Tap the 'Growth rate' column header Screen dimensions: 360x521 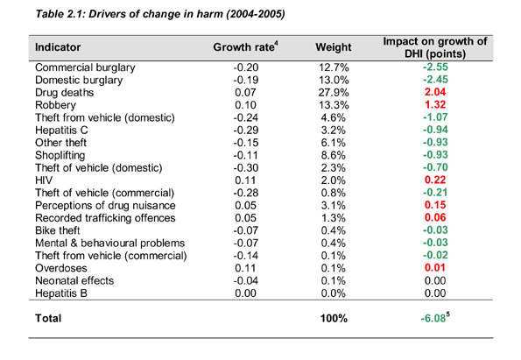(x=244, y=46)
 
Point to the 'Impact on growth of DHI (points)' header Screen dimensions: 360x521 (x=434, y=46)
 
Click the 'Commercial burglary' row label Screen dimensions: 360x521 (x=91, y=67)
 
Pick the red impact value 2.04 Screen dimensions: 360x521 (x=435, y=92)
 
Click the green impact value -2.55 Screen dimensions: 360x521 (x=434, y=67)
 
